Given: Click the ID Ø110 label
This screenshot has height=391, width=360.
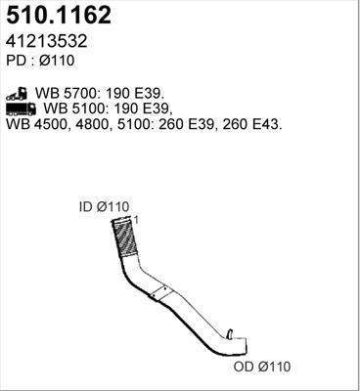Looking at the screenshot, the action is pyautogui.click(x=105, y=206).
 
